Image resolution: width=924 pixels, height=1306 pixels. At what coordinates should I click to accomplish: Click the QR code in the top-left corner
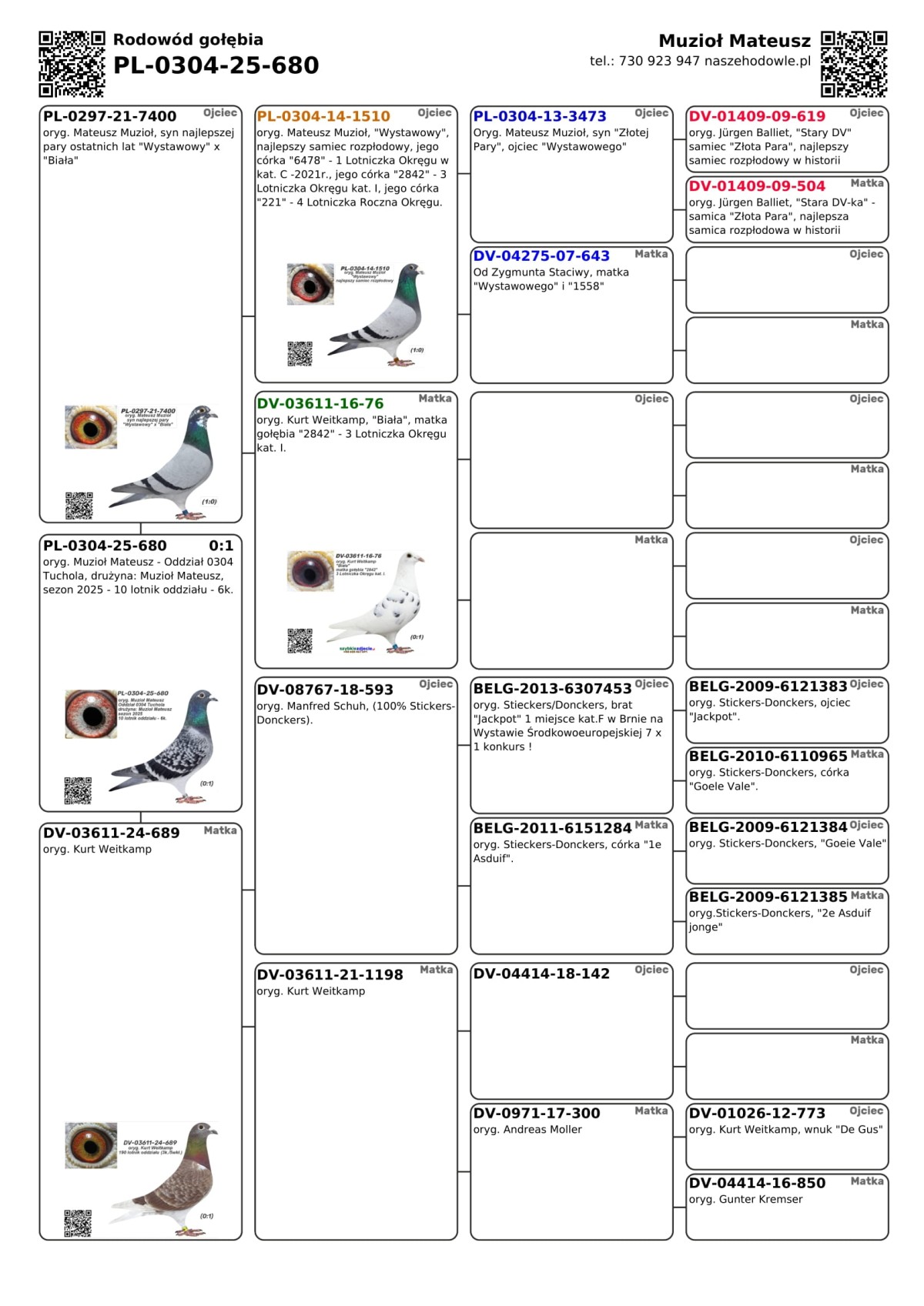(72, 64)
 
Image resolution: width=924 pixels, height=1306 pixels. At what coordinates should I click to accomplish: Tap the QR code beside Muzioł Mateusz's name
(854, 64)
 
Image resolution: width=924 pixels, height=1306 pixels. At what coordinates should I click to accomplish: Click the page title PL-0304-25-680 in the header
(216, 65)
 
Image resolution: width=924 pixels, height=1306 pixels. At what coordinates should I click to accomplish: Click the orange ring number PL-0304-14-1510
(323, 116)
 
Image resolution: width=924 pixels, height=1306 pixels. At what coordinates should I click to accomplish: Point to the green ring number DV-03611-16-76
(320, 403)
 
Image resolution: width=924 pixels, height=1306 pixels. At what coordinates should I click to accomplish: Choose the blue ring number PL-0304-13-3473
(540, 116)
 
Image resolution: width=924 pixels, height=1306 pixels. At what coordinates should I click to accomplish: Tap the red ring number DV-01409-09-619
(757, 116)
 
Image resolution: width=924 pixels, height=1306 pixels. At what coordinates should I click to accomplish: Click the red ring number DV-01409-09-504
(757, 185)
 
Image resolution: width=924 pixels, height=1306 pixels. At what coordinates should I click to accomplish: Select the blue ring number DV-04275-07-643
(541, 256)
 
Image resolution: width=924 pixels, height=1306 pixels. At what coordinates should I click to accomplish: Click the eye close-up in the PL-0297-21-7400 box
(91, 427)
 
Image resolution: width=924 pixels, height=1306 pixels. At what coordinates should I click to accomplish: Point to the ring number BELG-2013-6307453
(552, 688)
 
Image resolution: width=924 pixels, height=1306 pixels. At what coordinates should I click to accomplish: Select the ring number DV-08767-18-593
(325, 690)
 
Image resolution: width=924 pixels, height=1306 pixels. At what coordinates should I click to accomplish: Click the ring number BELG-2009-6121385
(768, 897)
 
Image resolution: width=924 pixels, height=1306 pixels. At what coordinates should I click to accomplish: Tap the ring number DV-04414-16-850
(757, 1183)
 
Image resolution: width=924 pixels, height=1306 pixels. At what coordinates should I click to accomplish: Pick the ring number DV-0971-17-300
(537, 1113)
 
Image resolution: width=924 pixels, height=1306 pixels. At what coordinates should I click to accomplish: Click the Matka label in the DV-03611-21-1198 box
(436, 970)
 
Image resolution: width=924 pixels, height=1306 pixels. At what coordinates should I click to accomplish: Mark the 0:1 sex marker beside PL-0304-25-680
(221, 546)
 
